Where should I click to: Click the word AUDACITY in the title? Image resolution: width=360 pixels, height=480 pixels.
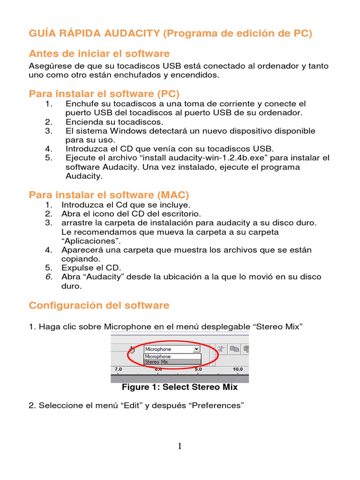coord(126,34)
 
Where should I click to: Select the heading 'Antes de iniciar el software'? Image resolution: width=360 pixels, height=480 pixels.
coord(99,53)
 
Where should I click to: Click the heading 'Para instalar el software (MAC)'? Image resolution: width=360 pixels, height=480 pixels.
coord(109,195)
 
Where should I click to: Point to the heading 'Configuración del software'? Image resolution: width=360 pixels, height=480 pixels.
coord(99,306)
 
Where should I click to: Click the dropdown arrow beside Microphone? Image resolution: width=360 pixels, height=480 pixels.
coord(196,349)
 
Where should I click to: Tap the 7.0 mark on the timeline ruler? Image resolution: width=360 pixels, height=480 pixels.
coord(118,369)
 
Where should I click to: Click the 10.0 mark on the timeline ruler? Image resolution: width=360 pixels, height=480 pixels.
coord(238,369)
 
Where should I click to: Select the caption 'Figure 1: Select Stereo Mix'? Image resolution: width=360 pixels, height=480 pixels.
coord(180,387)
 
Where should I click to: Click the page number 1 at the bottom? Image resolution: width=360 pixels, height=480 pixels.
coord(180,446)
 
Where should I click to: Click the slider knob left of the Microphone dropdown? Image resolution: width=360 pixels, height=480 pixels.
coord(132,349)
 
